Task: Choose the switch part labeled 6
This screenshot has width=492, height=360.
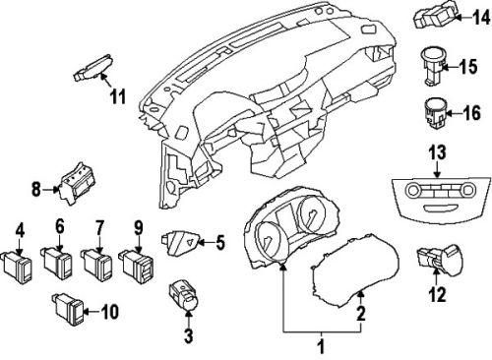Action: pyautogui.click(x=57, y=262)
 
